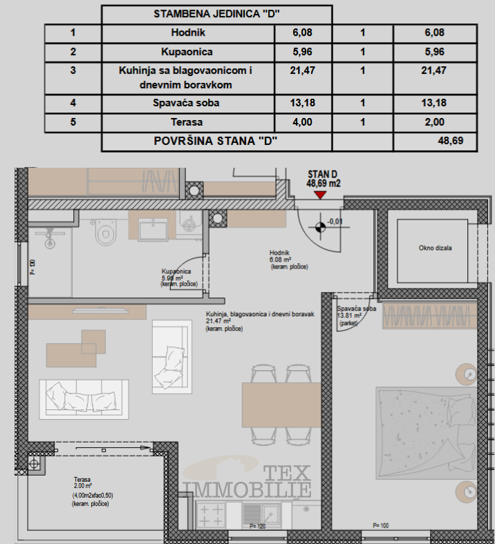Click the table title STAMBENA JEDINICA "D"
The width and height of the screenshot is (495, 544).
(x=216, y=14)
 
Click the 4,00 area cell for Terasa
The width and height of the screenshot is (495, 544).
(x=303, y=122)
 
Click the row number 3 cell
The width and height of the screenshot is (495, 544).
(x=73, y=70)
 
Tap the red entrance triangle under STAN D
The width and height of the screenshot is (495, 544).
(x=319, y=195)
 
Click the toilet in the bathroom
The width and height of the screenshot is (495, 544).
(x=105, y=233)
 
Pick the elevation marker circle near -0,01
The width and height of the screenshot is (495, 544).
(x=319, y=225)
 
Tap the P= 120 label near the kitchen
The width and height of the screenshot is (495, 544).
(x=257, y=526)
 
